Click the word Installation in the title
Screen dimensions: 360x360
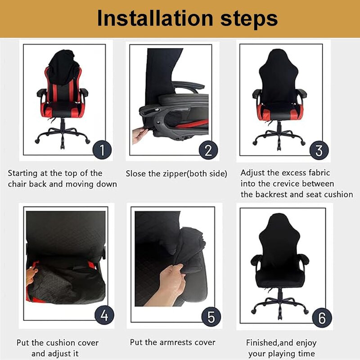[155, 18]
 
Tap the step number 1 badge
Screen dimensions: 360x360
[102, 150]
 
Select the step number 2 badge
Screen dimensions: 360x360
[208, 150]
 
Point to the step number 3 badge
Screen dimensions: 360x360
[319, 151]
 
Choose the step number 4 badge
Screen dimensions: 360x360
[104, 315]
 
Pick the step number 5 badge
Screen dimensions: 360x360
[211, 317]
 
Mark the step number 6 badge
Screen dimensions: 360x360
[322, 318]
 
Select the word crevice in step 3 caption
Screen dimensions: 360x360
[283, 184]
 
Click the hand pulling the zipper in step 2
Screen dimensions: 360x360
[139, 135]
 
